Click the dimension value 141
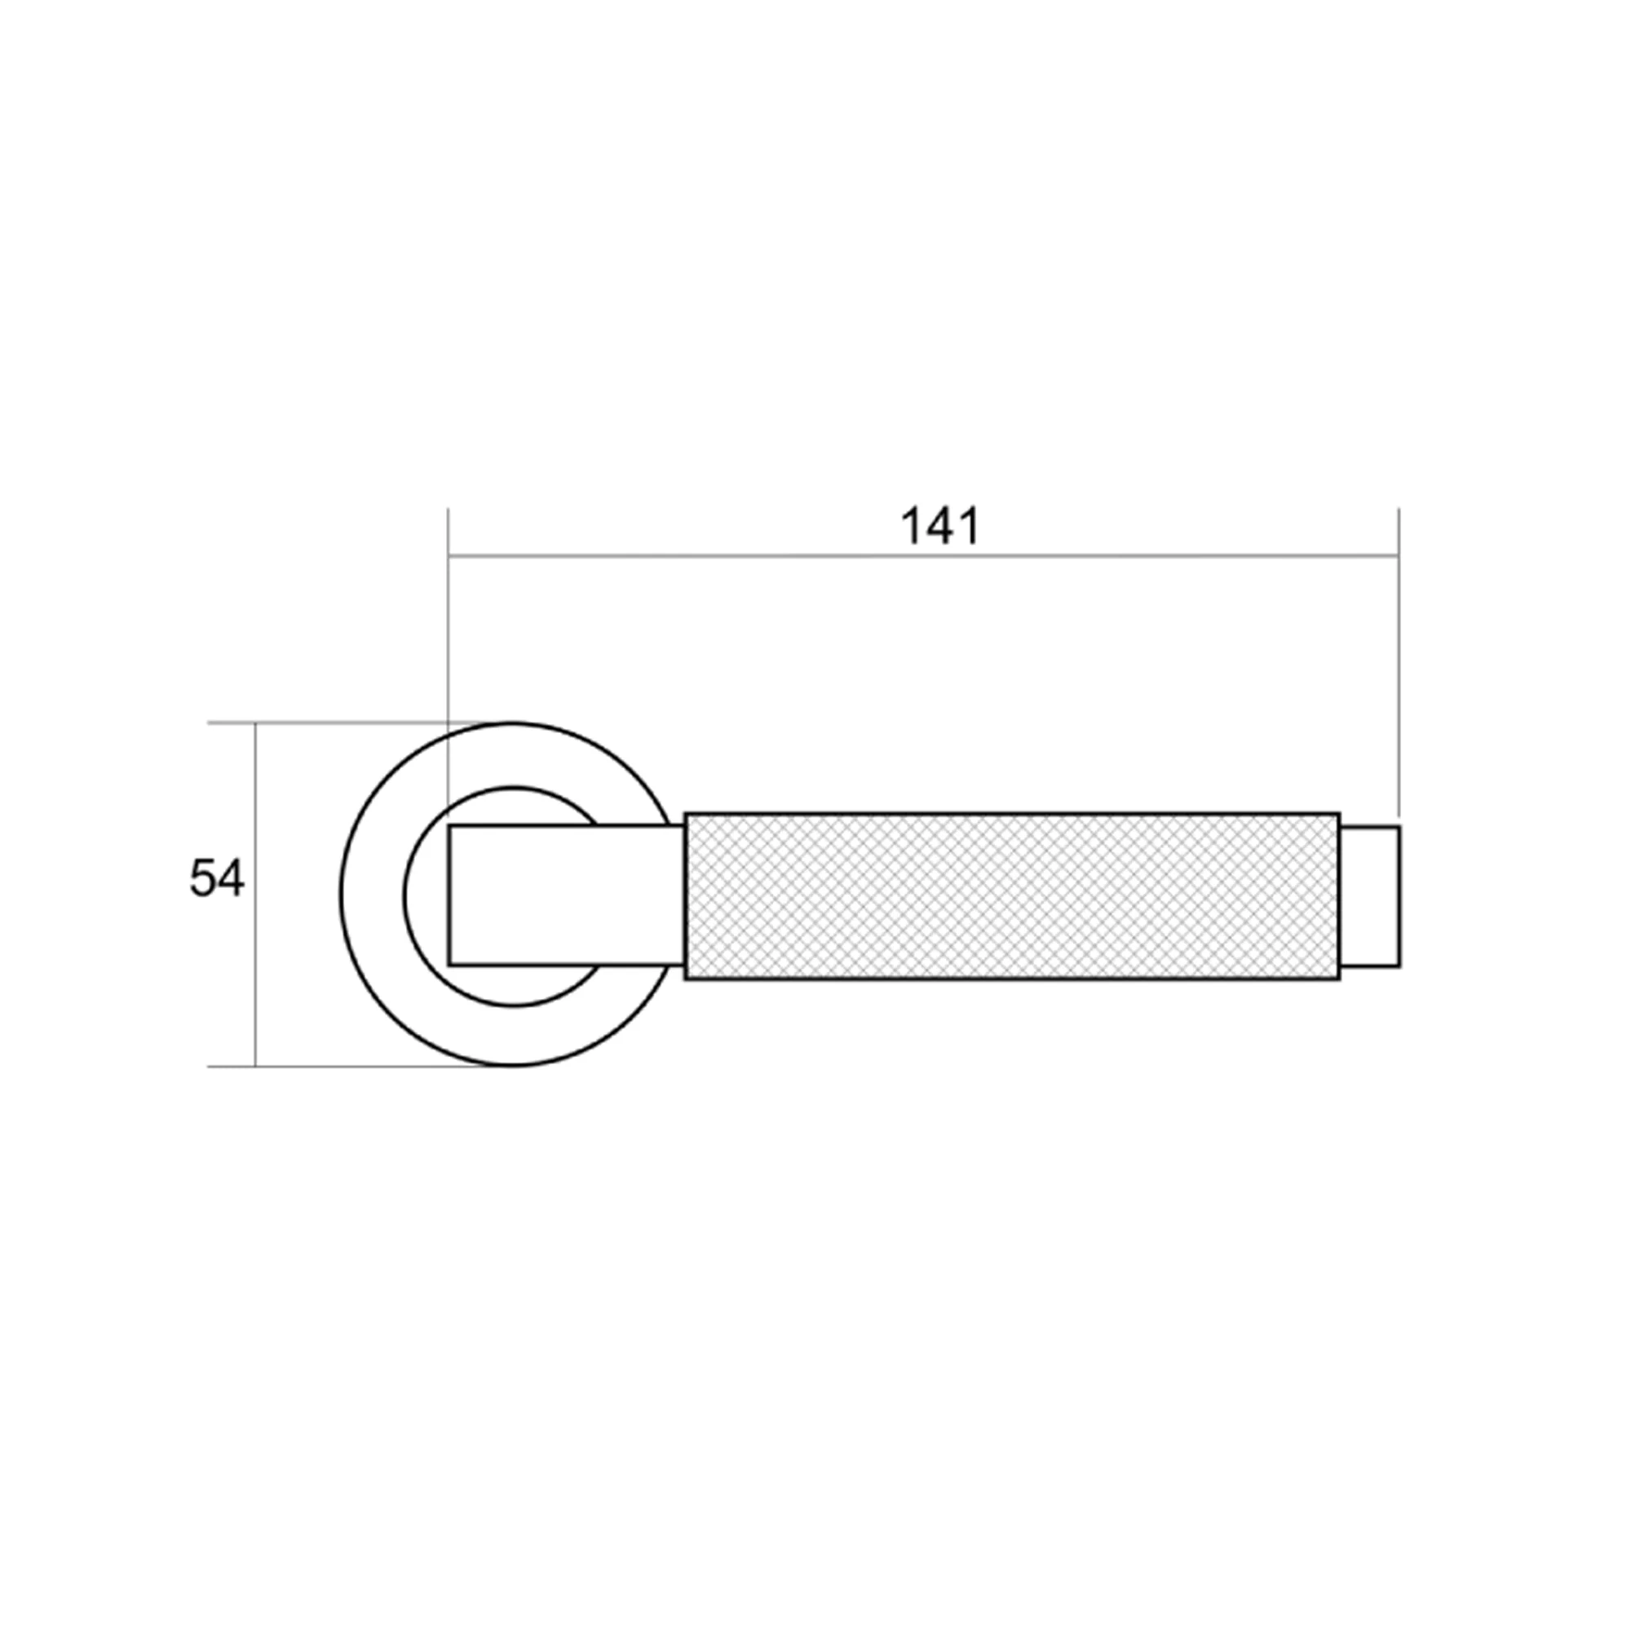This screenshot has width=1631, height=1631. pyautogui.click(x=939, y=527)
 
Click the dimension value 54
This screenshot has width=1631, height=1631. pyautogui.click(x=217, y=879)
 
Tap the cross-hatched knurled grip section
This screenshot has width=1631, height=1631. pyautogui.click(x=1011, y=895)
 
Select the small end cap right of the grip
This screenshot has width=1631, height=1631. pyautogui.click(x=1369, y=895)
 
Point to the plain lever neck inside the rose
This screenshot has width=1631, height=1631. pyautogui.click(x=566, y=894)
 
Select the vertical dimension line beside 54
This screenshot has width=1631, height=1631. pyautogui.click(x=255, y=970)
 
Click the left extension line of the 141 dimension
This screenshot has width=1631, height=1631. pyautogui.click(x=449, y=642)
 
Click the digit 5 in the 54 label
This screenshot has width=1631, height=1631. pyautogui.click(x=202, y=879)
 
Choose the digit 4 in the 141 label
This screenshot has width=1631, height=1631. pyautogui.click(x=939, y=527)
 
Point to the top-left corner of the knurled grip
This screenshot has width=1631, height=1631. pyautogui.click(x=686, y=814)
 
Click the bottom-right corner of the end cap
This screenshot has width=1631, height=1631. pyautogui.click(x=1399, y=966)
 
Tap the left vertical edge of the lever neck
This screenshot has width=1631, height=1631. pyautogui.click(x=449, y=895)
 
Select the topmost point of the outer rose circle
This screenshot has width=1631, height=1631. pyautogui.click(x=511, y=723)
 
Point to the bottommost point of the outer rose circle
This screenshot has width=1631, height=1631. pyautogui.click(x=511, y=1065)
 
